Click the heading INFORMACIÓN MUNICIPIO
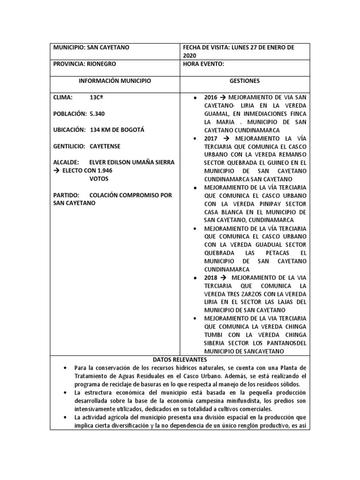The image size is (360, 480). tap(115, 81)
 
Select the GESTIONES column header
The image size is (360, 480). tap(244, 81)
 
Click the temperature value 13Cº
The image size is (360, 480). tap(97, 97)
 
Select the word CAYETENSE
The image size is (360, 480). tap(105, 146)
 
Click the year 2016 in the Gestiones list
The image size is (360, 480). tap(211, 97)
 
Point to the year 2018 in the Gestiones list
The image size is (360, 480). tap(211, 277)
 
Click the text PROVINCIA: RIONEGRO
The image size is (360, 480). tap(85, 64)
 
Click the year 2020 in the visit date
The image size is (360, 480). tap(190, 55)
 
